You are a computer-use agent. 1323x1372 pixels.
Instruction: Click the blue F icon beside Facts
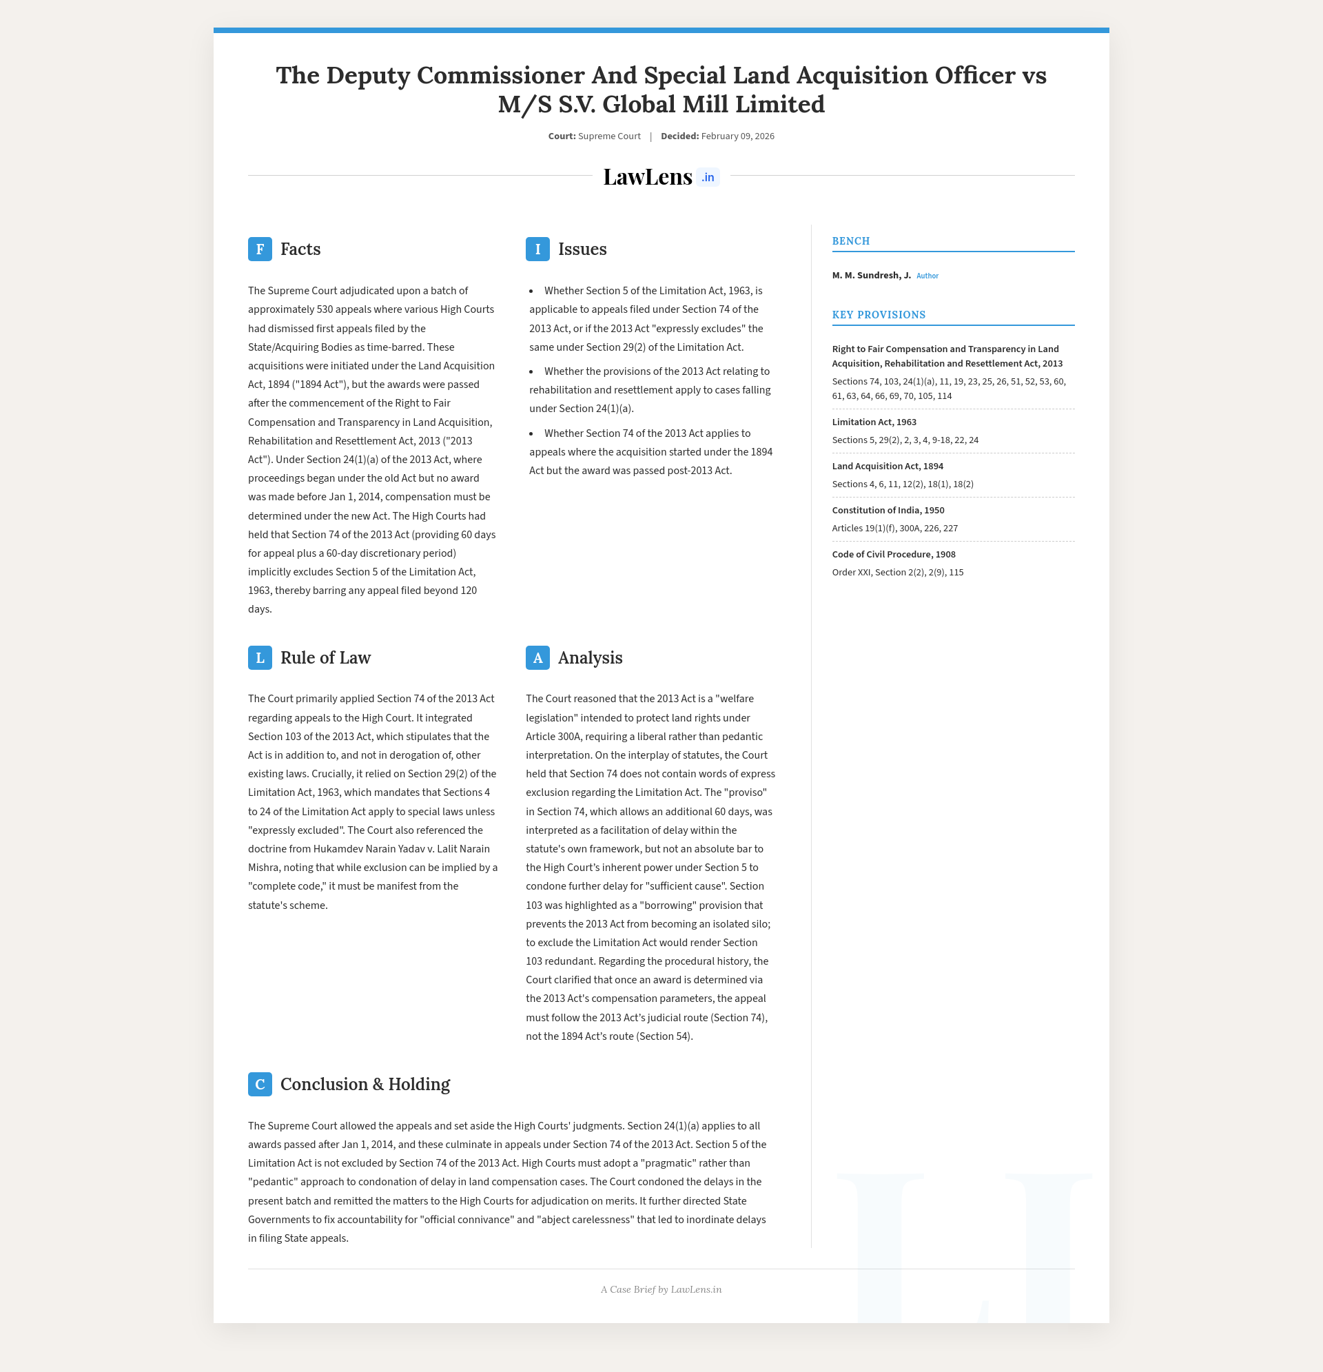[260, 249]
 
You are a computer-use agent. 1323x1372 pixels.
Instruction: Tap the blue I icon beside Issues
[537, 249]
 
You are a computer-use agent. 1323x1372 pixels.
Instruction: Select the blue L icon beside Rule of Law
[260, 658]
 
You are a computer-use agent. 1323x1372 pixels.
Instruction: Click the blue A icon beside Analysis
[537, 658]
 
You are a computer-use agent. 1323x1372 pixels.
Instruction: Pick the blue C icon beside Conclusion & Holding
[260, 1084]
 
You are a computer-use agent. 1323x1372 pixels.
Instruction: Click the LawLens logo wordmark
[648, 177]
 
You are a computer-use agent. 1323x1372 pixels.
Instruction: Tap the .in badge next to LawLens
[708, 178]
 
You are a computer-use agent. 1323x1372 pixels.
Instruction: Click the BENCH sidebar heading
[850, 241]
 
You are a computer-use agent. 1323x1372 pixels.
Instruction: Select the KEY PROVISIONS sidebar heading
[879, 315]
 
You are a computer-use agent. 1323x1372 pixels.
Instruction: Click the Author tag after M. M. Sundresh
[927, 276]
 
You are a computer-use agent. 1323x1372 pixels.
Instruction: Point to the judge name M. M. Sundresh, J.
[871, 276]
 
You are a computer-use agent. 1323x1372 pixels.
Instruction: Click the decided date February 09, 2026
[737, 136]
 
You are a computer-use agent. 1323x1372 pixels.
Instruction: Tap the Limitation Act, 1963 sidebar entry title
[874, 422]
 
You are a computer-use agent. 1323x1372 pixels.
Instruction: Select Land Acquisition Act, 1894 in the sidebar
[888, 467]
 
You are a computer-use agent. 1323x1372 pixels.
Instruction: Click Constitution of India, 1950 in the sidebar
[888, 511]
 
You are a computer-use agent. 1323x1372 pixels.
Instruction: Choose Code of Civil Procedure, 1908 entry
[893, 555]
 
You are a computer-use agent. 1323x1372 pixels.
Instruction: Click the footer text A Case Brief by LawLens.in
[661, 1289]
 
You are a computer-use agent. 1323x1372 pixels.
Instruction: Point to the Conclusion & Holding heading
[365, 1084]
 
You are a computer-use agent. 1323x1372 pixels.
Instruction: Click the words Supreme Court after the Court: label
[609, 136]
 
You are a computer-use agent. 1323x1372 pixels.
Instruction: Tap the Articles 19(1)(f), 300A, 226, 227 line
[894, 529]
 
